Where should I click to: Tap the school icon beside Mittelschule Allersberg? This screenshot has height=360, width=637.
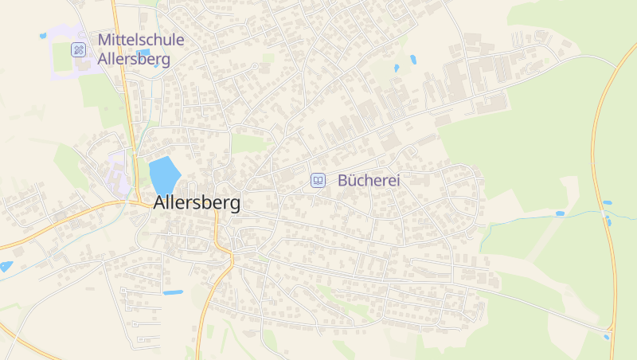[78, 49]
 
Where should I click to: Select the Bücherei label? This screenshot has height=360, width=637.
[369, 181]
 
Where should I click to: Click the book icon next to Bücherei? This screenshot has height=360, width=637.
[318, 181]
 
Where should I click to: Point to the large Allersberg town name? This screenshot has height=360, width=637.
[196, 203]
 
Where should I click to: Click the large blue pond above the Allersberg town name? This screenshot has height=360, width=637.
[163, 174]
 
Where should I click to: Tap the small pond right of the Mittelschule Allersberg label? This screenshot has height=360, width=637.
[144, 53]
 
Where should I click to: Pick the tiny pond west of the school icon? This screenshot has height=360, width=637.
[43, 36]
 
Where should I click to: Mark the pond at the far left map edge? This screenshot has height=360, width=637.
[6, 266]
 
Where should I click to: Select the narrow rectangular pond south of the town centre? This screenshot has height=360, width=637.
[173, 292]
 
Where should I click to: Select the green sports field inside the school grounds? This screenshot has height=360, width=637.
[63, 57]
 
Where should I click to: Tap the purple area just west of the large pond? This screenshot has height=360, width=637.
[119, 171]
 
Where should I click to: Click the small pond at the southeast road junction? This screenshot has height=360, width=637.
[606, 337]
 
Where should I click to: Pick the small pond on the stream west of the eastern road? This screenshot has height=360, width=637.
[560, 213]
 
